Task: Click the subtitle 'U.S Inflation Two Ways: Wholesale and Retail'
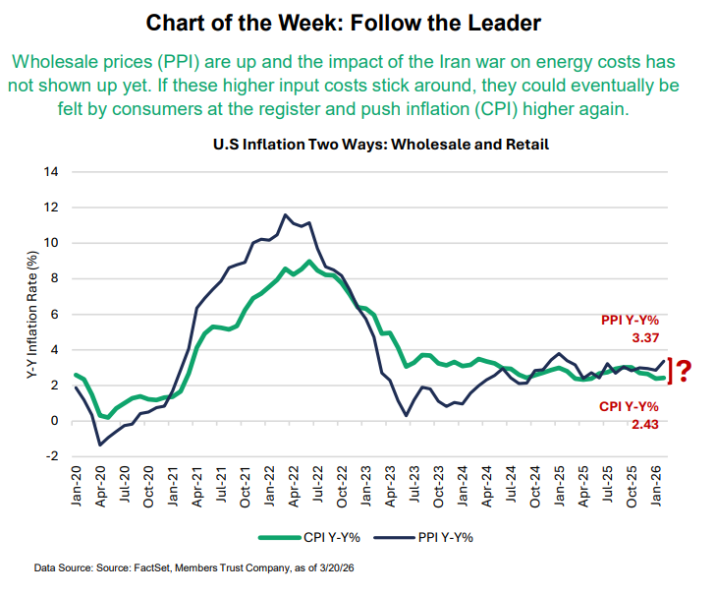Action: pos(380,144)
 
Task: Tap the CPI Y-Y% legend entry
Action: pos(313,537)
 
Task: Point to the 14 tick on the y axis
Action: pos(52,172)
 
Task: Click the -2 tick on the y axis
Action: pos(53,456)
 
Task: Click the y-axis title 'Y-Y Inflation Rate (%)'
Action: pos(31,315)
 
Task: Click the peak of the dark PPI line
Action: pos(285,214)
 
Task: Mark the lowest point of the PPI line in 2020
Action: pos(100,446)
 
